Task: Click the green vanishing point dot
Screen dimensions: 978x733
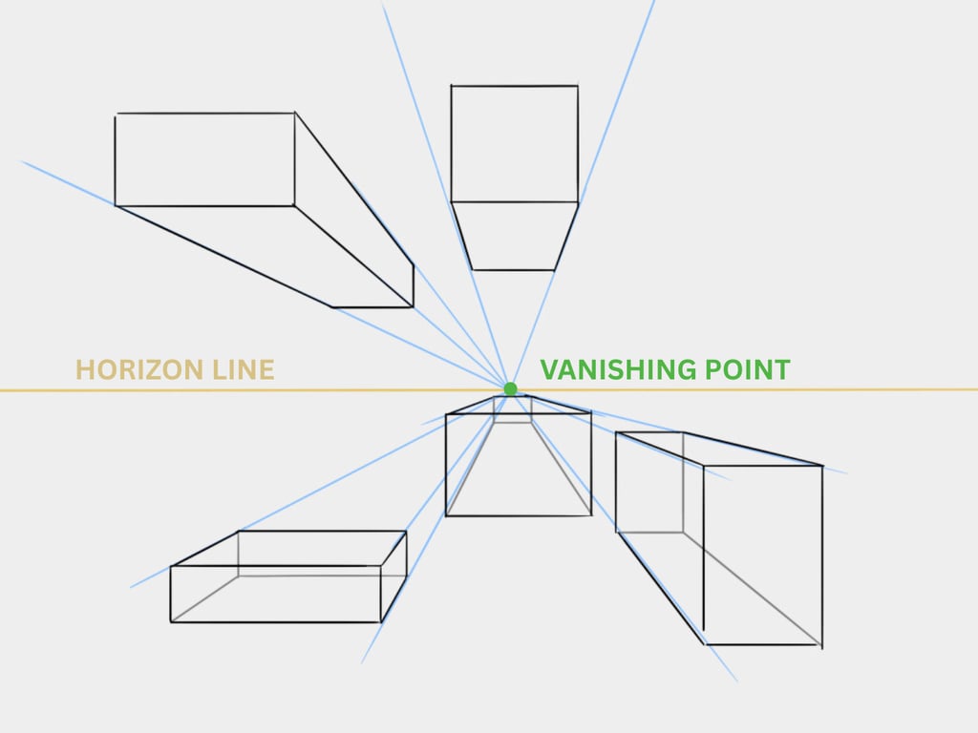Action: [510, 389]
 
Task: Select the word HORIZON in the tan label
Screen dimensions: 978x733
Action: [139, 369]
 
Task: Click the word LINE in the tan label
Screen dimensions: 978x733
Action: [244, 369]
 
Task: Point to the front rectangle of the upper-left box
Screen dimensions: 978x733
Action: [205, 159]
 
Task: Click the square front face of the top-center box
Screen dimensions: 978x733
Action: [515, 144]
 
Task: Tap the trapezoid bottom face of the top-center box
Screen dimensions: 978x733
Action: [515, 237]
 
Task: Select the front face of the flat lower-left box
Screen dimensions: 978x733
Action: [276, 594]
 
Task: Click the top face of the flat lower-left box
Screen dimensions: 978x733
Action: [288, 549]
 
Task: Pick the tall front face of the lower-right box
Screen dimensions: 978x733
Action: [763, 555]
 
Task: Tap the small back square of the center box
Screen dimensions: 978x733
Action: [513, 409]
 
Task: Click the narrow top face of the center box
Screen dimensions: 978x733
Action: [518, 405]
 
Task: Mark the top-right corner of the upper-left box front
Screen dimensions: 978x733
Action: [295, 114]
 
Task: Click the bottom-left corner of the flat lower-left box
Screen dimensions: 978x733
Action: [171, 622]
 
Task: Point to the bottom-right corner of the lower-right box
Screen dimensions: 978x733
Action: [821, 645]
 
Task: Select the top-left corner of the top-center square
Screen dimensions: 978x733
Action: [451, 86]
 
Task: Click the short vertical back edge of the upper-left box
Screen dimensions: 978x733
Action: [413, 286]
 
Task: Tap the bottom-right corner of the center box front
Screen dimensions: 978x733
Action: [591, 515]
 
